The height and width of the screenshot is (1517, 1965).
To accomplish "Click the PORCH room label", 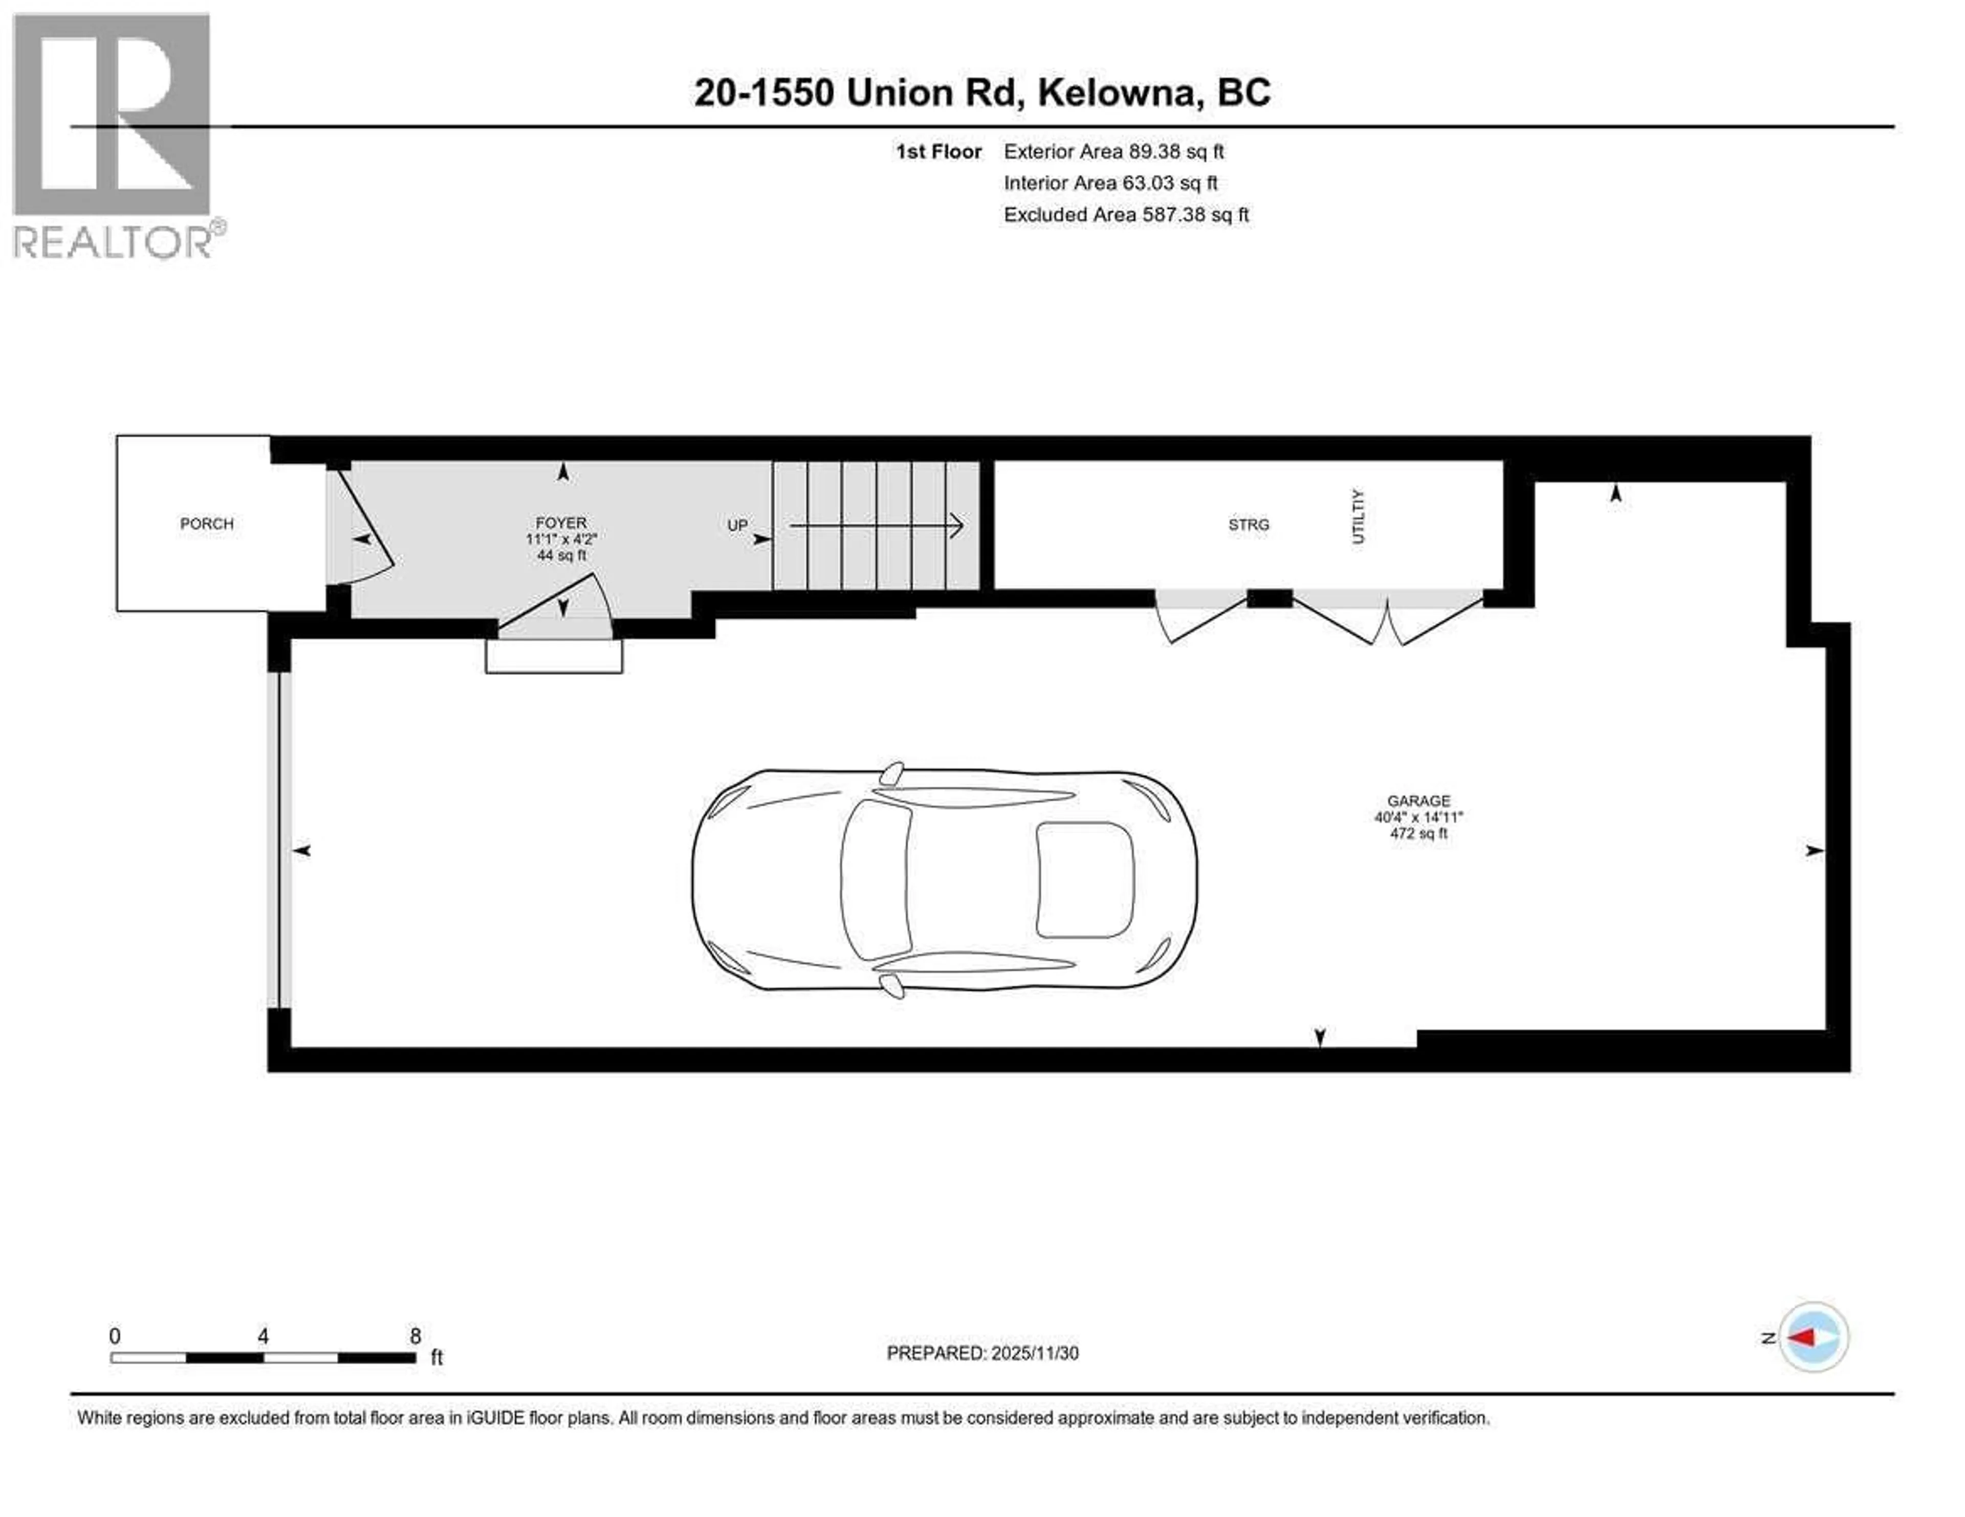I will (206, 524).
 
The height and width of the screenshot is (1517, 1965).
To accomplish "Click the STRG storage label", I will (1248, 524).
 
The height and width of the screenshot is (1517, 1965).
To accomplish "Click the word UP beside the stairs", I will (737, 525).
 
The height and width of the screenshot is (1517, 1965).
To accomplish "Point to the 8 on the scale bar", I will (415, 1336).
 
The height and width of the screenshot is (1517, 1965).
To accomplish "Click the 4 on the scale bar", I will (263, 1336).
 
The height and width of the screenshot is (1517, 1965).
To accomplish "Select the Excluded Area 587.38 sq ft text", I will (1126, 215).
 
